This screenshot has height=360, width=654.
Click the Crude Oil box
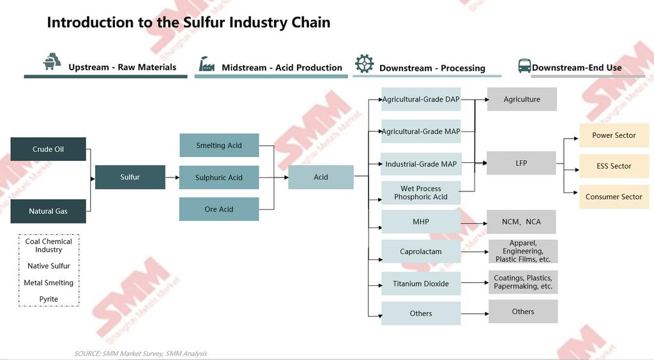pyautogui.click(x=48, y=149)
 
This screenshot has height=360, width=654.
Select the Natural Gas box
pyautogui.click(x=48, y=211)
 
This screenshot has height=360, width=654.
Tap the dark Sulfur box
pyautogui.click(x=130, y=177)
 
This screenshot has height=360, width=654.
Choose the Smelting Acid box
pyautogui.click(x=219, y=146)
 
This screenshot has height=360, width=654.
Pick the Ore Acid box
pyautogui.click(x=219, y=209)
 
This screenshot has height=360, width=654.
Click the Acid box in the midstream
pyautogui.click(x=321, y=177)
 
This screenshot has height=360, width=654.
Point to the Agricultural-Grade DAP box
pyautogui.click(x=421, y=100)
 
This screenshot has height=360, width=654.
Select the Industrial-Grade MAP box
pyautogui.click(x=421, y=164)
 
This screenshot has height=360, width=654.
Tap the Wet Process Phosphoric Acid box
pyautogui.click(x=421, y=193)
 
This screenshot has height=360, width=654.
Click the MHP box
pyautogui.click(x=421, y=222)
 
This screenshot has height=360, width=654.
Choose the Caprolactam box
pyautogui.click(x=421, y=251)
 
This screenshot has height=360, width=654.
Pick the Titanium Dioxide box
pyautogui.click(x=421, y=283)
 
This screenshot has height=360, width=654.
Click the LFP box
pyautogui.click(x=521, y=163)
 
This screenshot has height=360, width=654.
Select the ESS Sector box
pyautogui.click(x=614, y=166)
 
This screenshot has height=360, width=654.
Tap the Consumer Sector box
pyautogui.click(x=614, y=197)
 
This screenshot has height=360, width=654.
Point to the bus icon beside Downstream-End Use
pyautogui.click(x=524, y=66)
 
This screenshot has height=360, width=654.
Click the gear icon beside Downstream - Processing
pyautogui.click(x=364, y=63)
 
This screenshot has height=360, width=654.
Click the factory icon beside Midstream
pyautogui.click(x=206, y=64)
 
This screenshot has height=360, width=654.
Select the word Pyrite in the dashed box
pyautogui.click(x=49, y=299)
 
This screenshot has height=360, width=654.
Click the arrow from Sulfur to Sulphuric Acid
pyautogui.click(x=172, y=177)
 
